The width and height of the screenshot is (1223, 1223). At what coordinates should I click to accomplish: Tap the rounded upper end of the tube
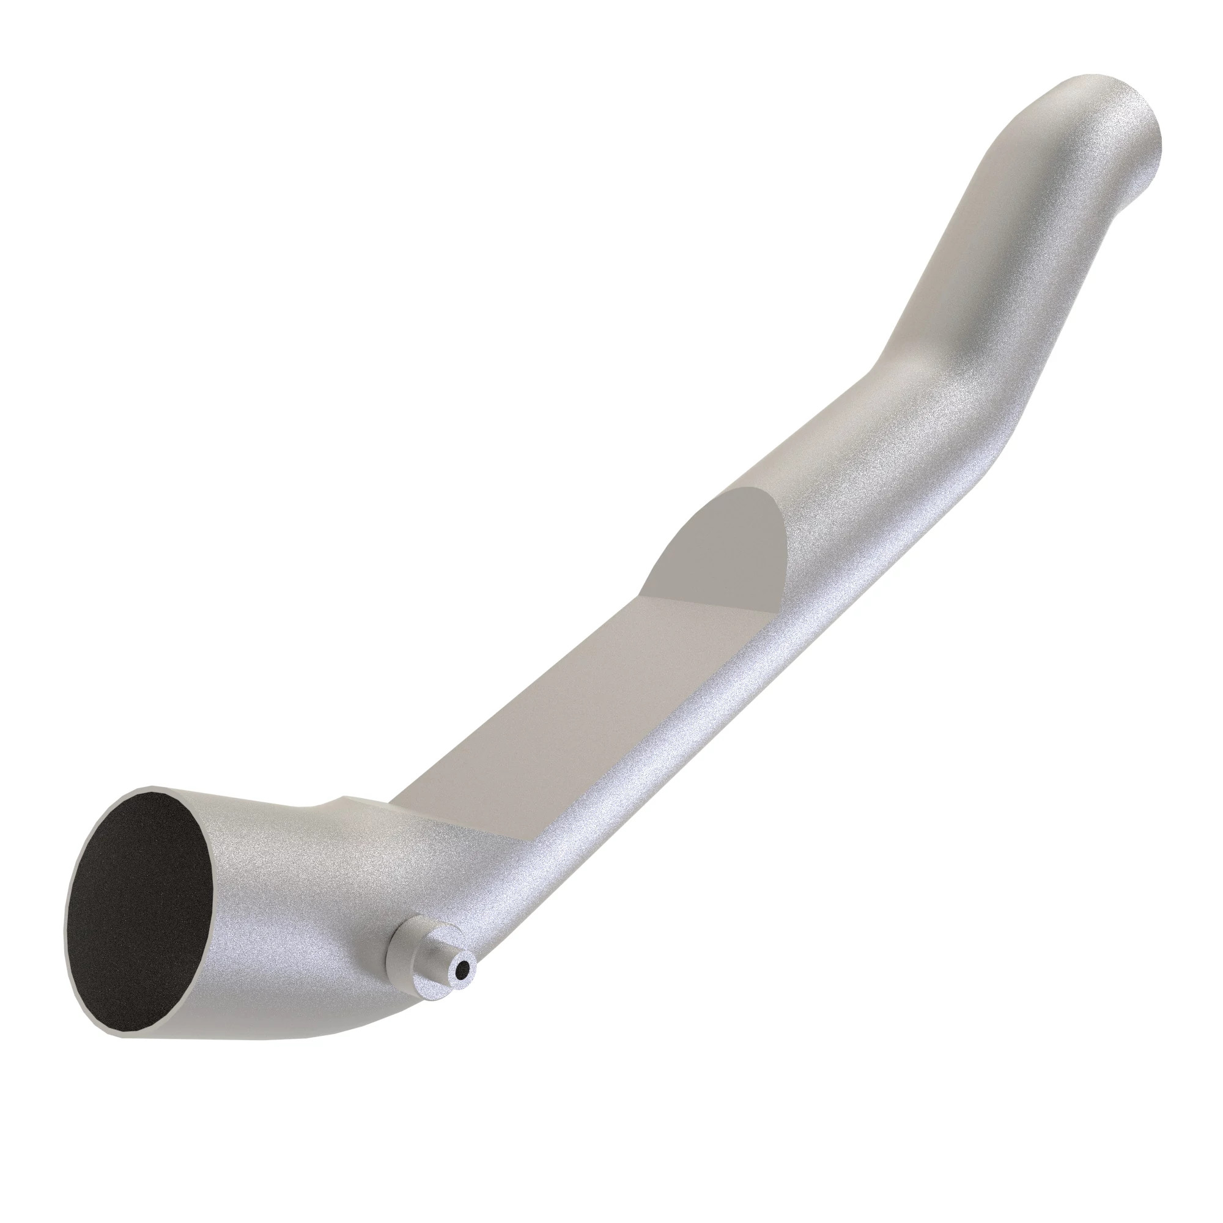(x=1114, y=120)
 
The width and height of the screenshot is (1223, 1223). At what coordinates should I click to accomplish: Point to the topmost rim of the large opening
(x=152, y=789)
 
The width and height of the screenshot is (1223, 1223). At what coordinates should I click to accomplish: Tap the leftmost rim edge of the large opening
(x=67, y=918)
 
